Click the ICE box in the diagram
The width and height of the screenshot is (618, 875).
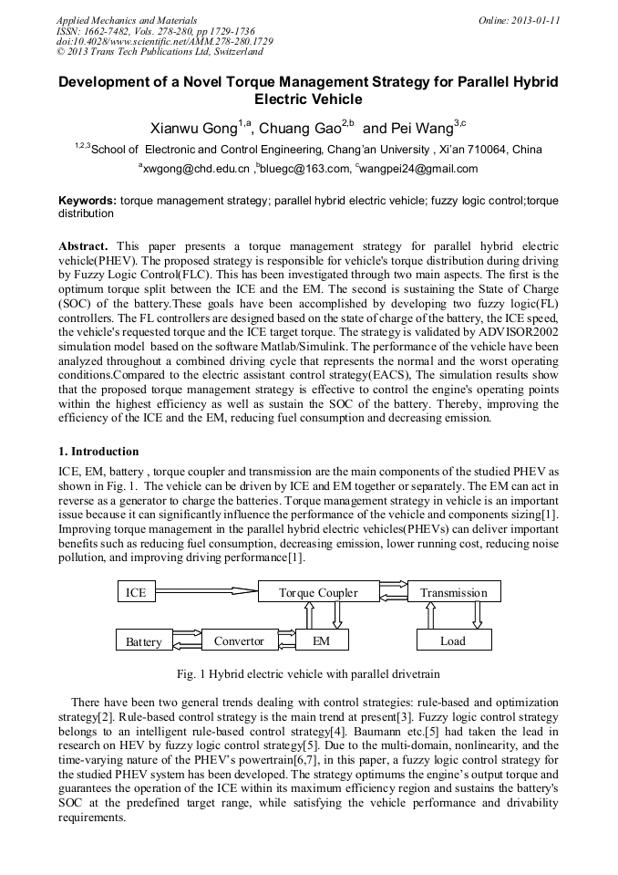(x=136, y=592)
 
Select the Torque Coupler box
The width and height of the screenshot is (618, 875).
(x=317, y=592)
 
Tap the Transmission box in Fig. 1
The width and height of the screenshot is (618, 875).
(x=453, y=592)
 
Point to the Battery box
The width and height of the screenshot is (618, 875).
(x=144, y=641)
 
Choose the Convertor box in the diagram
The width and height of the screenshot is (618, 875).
(x=239, y=641)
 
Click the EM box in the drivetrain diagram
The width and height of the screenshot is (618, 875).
(x=321, y=641)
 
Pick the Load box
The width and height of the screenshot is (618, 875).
(x=453, y=641)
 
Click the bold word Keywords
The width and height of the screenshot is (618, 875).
(x=87, y=200)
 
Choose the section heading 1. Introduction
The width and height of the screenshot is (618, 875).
(x=98, y=452)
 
